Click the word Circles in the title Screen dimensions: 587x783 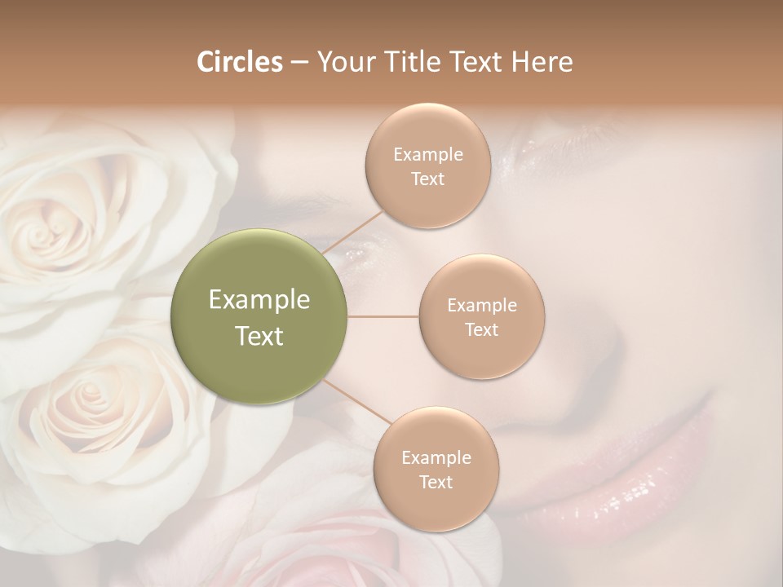pos(239,61)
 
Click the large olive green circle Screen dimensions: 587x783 pos(259,316)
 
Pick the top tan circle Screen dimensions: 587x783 pos(428,166)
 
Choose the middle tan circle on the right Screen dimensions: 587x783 pos(482,316)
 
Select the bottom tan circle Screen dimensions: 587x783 pos(436,470)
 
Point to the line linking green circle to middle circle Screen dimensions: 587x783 pos(383,316)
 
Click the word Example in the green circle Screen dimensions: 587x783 pos(259,300)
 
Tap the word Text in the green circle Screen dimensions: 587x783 pos(259,336)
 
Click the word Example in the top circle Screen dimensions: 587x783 pos(428,154)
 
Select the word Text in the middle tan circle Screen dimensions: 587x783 pos(482,329)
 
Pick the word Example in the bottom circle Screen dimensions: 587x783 pos(436,458)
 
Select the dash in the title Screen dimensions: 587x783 pos(299,62)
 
